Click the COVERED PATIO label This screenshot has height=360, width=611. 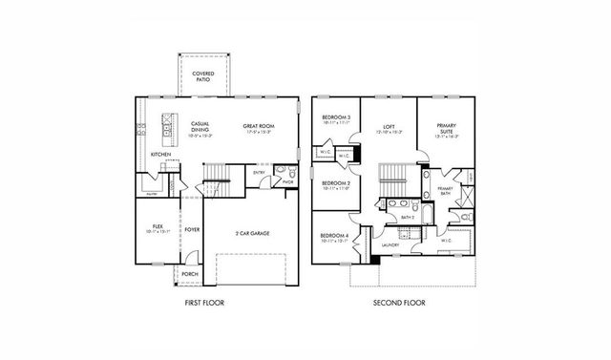point(202,75)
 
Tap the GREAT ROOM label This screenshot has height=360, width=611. point(258,125)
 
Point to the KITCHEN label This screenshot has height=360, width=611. point(160,154)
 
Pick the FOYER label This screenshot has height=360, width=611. point(192,229)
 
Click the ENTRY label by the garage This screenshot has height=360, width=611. point(260,173)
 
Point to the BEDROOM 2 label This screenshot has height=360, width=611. point(335,182)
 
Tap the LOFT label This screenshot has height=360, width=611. point(389,125)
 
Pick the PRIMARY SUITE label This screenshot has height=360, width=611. point(447,128)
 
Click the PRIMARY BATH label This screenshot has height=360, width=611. point(446,189)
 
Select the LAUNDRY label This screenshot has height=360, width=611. point(389,245)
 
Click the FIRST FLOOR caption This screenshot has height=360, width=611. point(205,303)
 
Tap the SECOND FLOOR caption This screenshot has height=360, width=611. point(399,303)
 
